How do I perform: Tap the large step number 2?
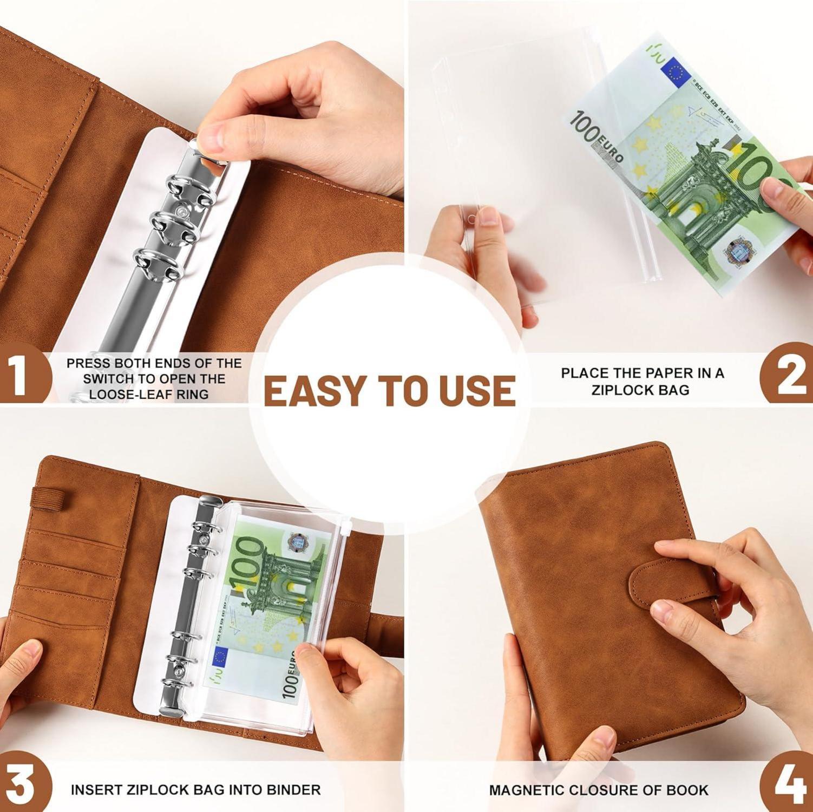pos(791,375)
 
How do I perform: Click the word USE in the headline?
pos(478,391)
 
